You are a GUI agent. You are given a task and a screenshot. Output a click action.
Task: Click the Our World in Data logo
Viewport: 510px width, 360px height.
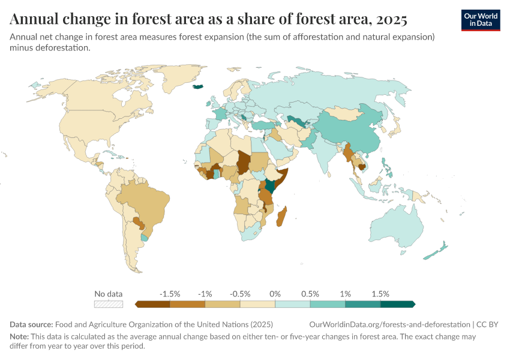point(481,20)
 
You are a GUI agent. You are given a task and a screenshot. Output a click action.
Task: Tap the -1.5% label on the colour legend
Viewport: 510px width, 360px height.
point(170,294)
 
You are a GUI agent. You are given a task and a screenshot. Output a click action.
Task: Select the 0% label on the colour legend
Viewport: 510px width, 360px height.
point(275,294)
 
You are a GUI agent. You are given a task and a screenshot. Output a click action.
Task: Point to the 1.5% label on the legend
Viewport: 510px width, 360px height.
point(380,294)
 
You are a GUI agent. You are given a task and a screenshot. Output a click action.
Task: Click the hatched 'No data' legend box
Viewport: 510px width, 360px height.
point(109,304)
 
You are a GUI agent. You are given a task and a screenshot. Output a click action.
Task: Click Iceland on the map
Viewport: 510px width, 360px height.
point(199,86)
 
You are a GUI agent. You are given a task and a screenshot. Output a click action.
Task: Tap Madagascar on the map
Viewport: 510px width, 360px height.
point(281,217)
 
